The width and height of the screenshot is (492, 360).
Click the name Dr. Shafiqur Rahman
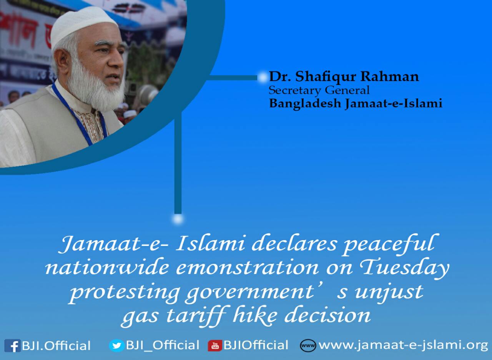point(344,77)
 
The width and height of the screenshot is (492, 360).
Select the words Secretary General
point(319,90)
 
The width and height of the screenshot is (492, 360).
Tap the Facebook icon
point(12,346)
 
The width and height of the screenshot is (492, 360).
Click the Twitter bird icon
point(116,345)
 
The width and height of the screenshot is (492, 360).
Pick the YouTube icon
point(215,346)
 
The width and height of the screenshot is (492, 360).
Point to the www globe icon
point(308,346)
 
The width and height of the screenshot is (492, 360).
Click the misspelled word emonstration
point(248,268)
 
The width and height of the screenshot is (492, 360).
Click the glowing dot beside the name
point(263,77)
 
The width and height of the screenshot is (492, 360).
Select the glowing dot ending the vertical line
point(178,219)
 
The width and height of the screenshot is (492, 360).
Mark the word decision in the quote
point(327,316)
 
